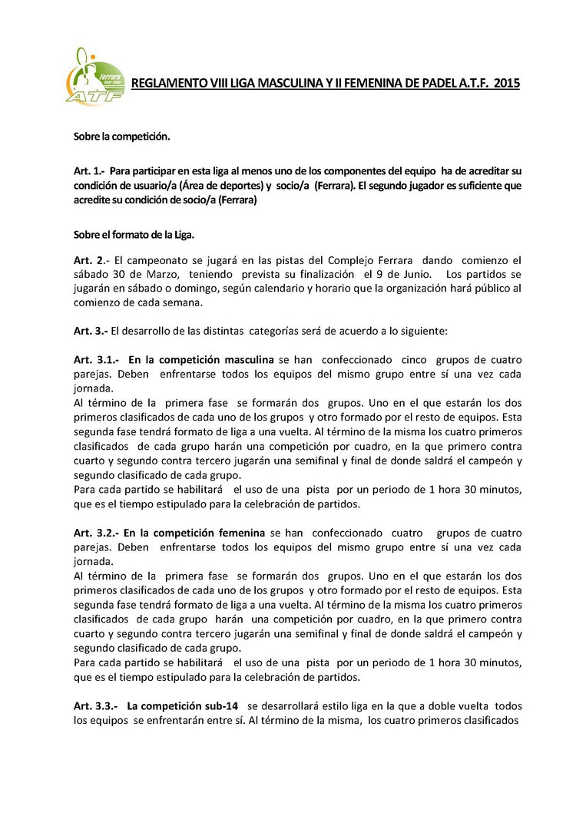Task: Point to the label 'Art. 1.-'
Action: point(90,170)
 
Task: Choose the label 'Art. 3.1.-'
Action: point(96,359)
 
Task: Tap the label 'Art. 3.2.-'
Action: point(96,533)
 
